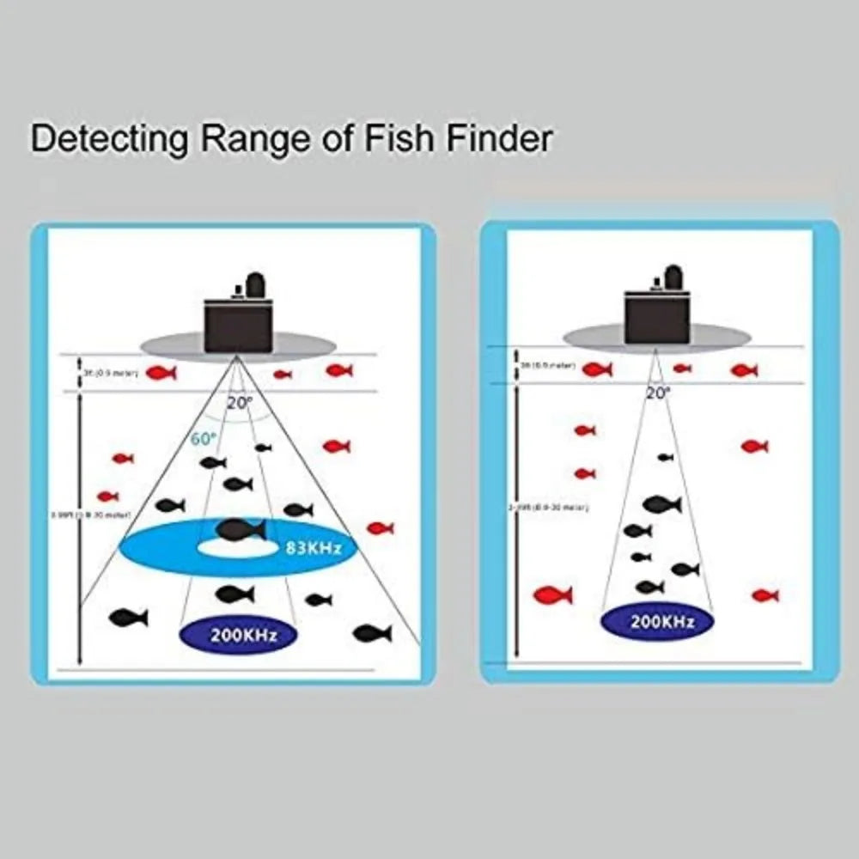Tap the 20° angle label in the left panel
(240, 402)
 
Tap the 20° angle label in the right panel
(658, 393)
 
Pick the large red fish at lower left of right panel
(552, 594)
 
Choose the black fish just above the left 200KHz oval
(235, 593)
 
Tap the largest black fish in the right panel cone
(661, 503)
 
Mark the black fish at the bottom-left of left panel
(128, 617)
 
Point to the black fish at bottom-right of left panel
(372, 633)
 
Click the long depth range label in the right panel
(548, 508)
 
